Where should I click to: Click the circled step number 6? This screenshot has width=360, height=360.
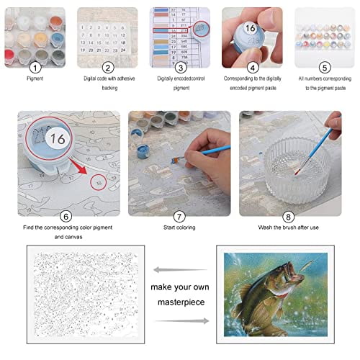click(x=66, y=215)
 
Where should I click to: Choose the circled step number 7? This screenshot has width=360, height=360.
click(x=180, y=215)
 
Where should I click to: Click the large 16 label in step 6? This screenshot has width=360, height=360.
click(x=57, y=138)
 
